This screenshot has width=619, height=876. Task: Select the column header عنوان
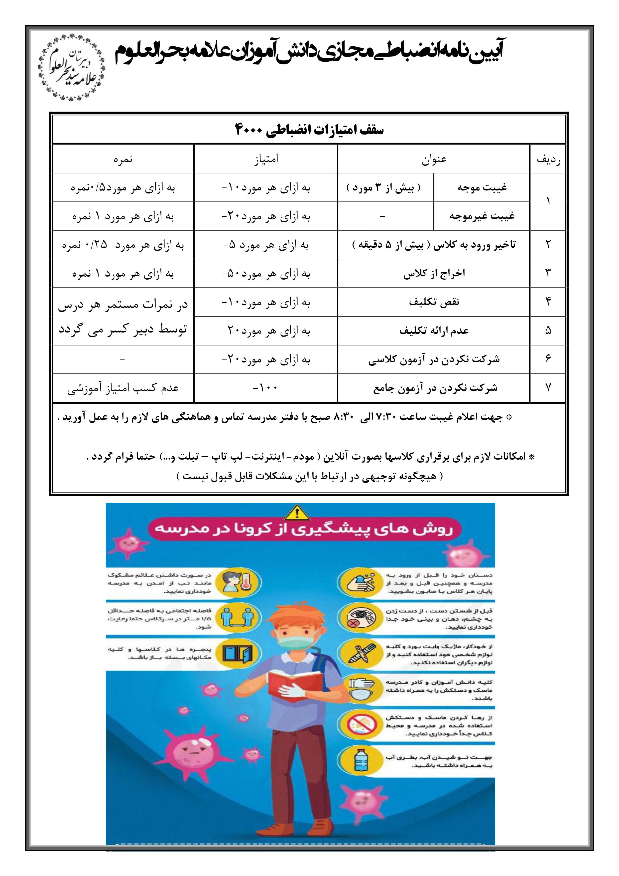(434, 159)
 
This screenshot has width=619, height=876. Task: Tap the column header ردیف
(548, 159)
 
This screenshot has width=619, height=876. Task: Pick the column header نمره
(123, 159)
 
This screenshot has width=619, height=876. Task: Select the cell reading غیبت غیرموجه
(482, 216)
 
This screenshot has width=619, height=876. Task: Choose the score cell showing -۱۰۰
(265, 388)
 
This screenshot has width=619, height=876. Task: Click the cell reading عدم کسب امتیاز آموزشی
(123, 388)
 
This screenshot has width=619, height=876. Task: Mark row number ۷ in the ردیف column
(548, 388)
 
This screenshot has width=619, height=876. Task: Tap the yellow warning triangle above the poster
(297, 513)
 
